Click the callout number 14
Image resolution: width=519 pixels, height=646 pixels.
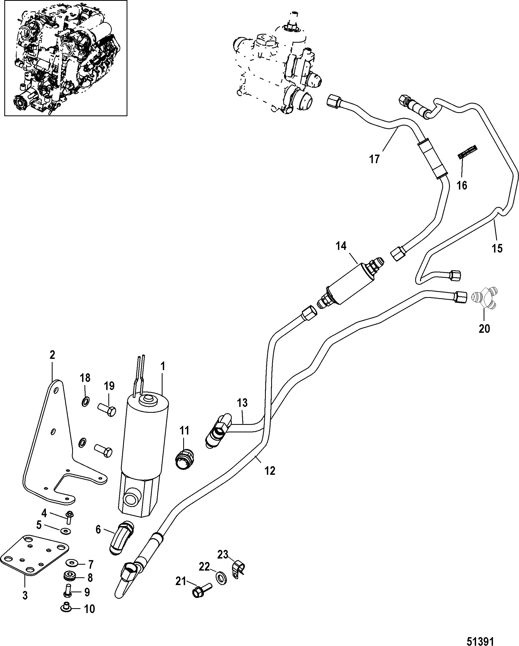[x=341, y=246]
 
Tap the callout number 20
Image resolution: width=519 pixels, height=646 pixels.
[x=484, y=329]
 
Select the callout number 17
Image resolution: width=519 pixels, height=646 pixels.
[x=374, y=159]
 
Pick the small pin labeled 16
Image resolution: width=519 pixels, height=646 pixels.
[x=468, y=152]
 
